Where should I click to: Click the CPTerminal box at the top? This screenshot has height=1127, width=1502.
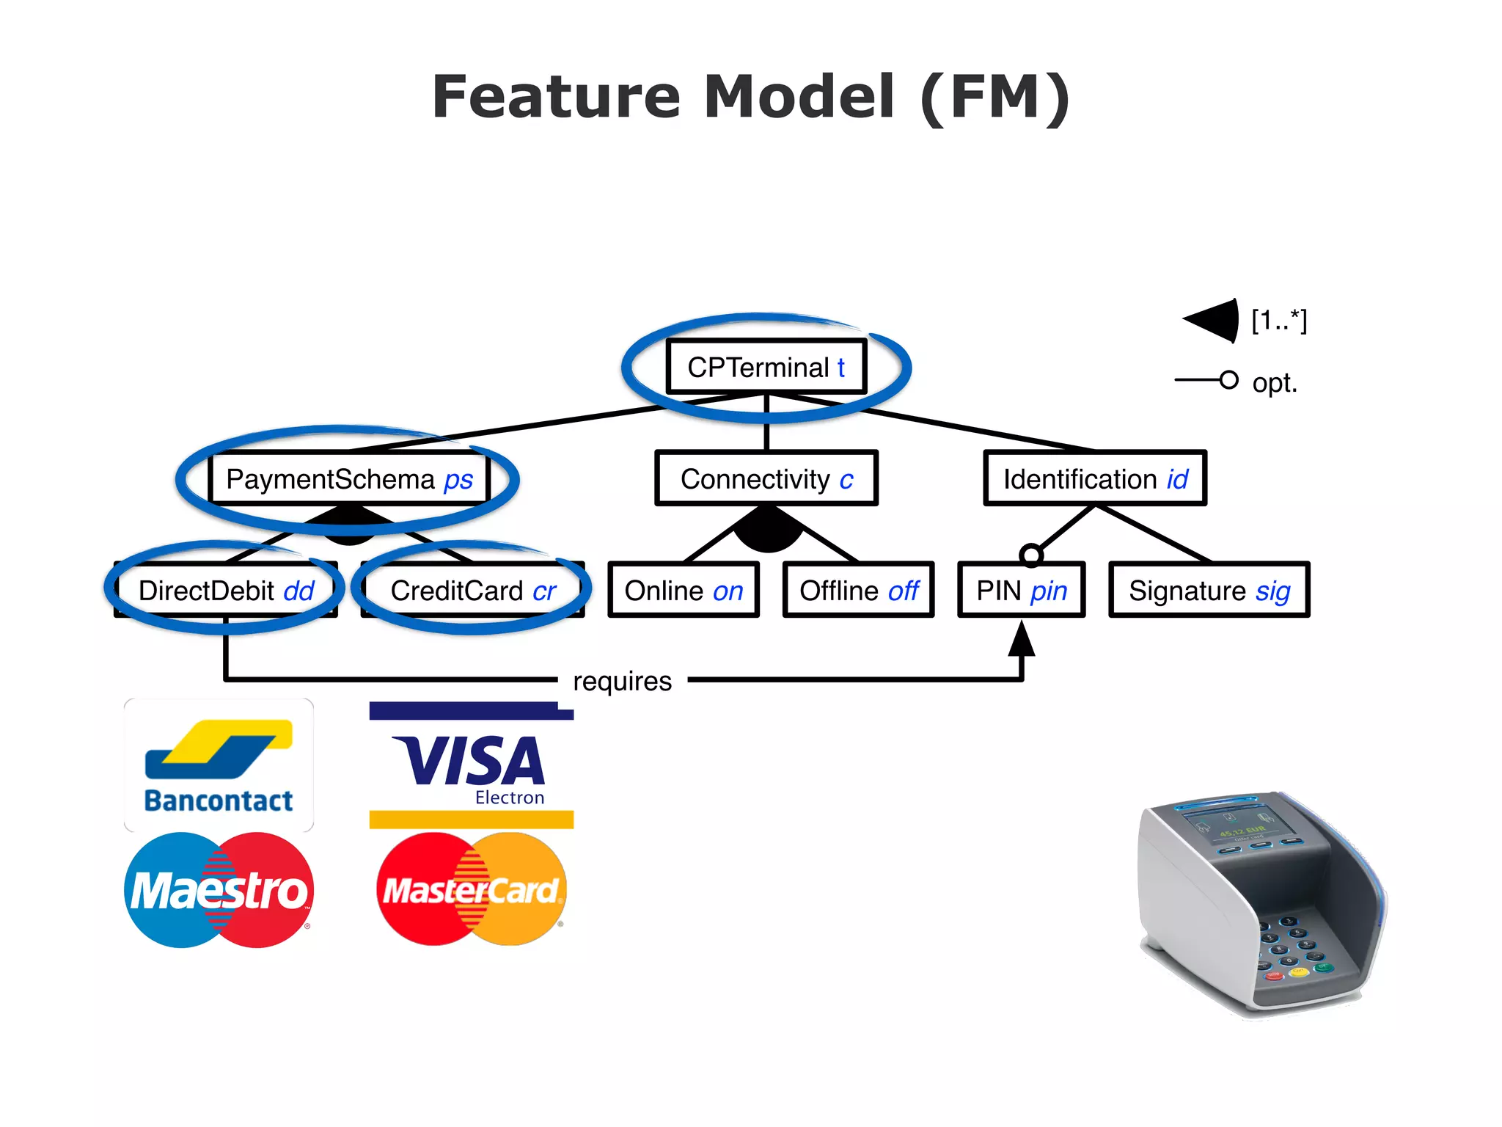766,367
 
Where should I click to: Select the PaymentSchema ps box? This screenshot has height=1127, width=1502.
349,479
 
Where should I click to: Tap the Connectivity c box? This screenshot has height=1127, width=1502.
766,479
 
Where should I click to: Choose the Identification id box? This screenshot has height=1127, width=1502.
1094,479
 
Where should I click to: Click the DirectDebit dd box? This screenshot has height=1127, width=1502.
226,591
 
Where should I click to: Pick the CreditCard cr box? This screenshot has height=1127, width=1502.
473,591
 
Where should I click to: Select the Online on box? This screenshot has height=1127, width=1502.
683,591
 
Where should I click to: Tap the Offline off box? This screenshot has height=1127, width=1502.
858,591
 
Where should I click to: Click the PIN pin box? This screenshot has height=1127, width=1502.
1021,591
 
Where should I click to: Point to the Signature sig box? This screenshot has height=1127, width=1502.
1209,591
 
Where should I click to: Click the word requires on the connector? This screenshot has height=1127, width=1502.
622,682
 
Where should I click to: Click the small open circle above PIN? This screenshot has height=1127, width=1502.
1031,555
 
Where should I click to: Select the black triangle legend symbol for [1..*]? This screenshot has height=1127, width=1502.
1215,321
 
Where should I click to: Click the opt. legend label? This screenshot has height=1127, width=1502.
1275,383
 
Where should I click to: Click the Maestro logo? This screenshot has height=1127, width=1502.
219,890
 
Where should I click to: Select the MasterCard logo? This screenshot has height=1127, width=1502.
472,889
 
